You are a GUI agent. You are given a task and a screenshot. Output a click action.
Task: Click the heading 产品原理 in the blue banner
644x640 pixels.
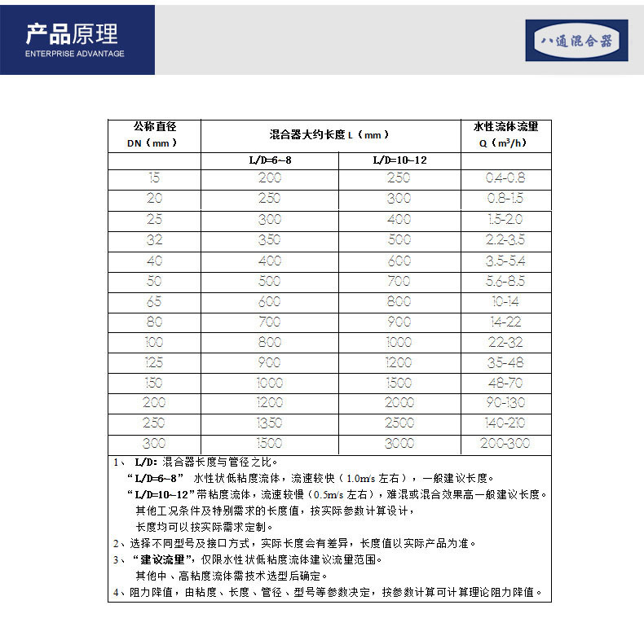[x=72, y=34]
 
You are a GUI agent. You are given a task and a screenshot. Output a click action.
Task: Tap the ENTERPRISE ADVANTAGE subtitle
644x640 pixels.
[x=75, y=54]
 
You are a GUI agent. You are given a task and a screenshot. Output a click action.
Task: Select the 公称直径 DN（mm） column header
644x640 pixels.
[x=155, y=134]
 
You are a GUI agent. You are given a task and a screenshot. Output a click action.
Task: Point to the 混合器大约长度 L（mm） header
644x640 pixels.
[x=329, y=134]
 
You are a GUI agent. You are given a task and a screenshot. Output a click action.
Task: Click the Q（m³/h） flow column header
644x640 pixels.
[x=505, y=134]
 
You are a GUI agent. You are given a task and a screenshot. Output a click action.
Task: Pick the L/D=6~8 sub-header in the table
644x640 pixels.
[x=270, y=160]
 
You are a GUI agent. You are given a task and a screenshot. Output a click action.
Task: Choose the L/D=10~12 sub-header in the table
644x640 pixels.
[x=399, y=160]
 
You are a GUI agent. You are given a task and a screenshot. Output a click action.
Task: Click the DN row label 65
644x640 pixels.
[x=155, y=301]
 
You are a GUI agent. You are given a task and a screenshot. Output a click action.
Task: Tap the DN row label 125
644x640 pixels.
[x=155, y=362]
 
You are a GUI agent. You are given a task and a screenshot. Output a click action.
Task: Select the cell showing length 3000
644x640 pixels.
[x=399, y=444]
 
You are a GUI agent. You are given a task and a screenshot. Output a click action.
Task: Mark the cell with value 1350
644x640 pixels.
[x=270, y=423]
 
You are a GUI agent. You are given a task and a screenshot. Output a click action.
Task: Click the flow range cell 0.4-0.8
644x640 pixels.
[x=505, y=178]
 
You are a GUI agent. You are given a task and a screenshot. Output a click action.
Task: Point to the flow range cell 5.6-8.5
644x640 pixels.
[x=505, y=281]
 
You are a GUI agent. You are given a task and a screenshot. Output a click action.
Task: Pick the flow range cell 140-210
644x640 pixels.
[x=505, y=423]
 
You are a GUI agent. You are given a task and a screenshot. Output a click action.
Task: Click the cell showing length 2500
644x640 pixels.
[x=399, y=423]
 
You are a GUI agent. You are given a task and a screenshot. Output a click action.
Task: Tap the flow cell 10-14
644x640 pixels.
[x=505, y=301]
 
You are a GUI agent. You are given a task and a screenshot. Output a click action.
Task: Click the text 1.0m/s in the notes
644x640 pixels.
[x=355, y=479]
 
